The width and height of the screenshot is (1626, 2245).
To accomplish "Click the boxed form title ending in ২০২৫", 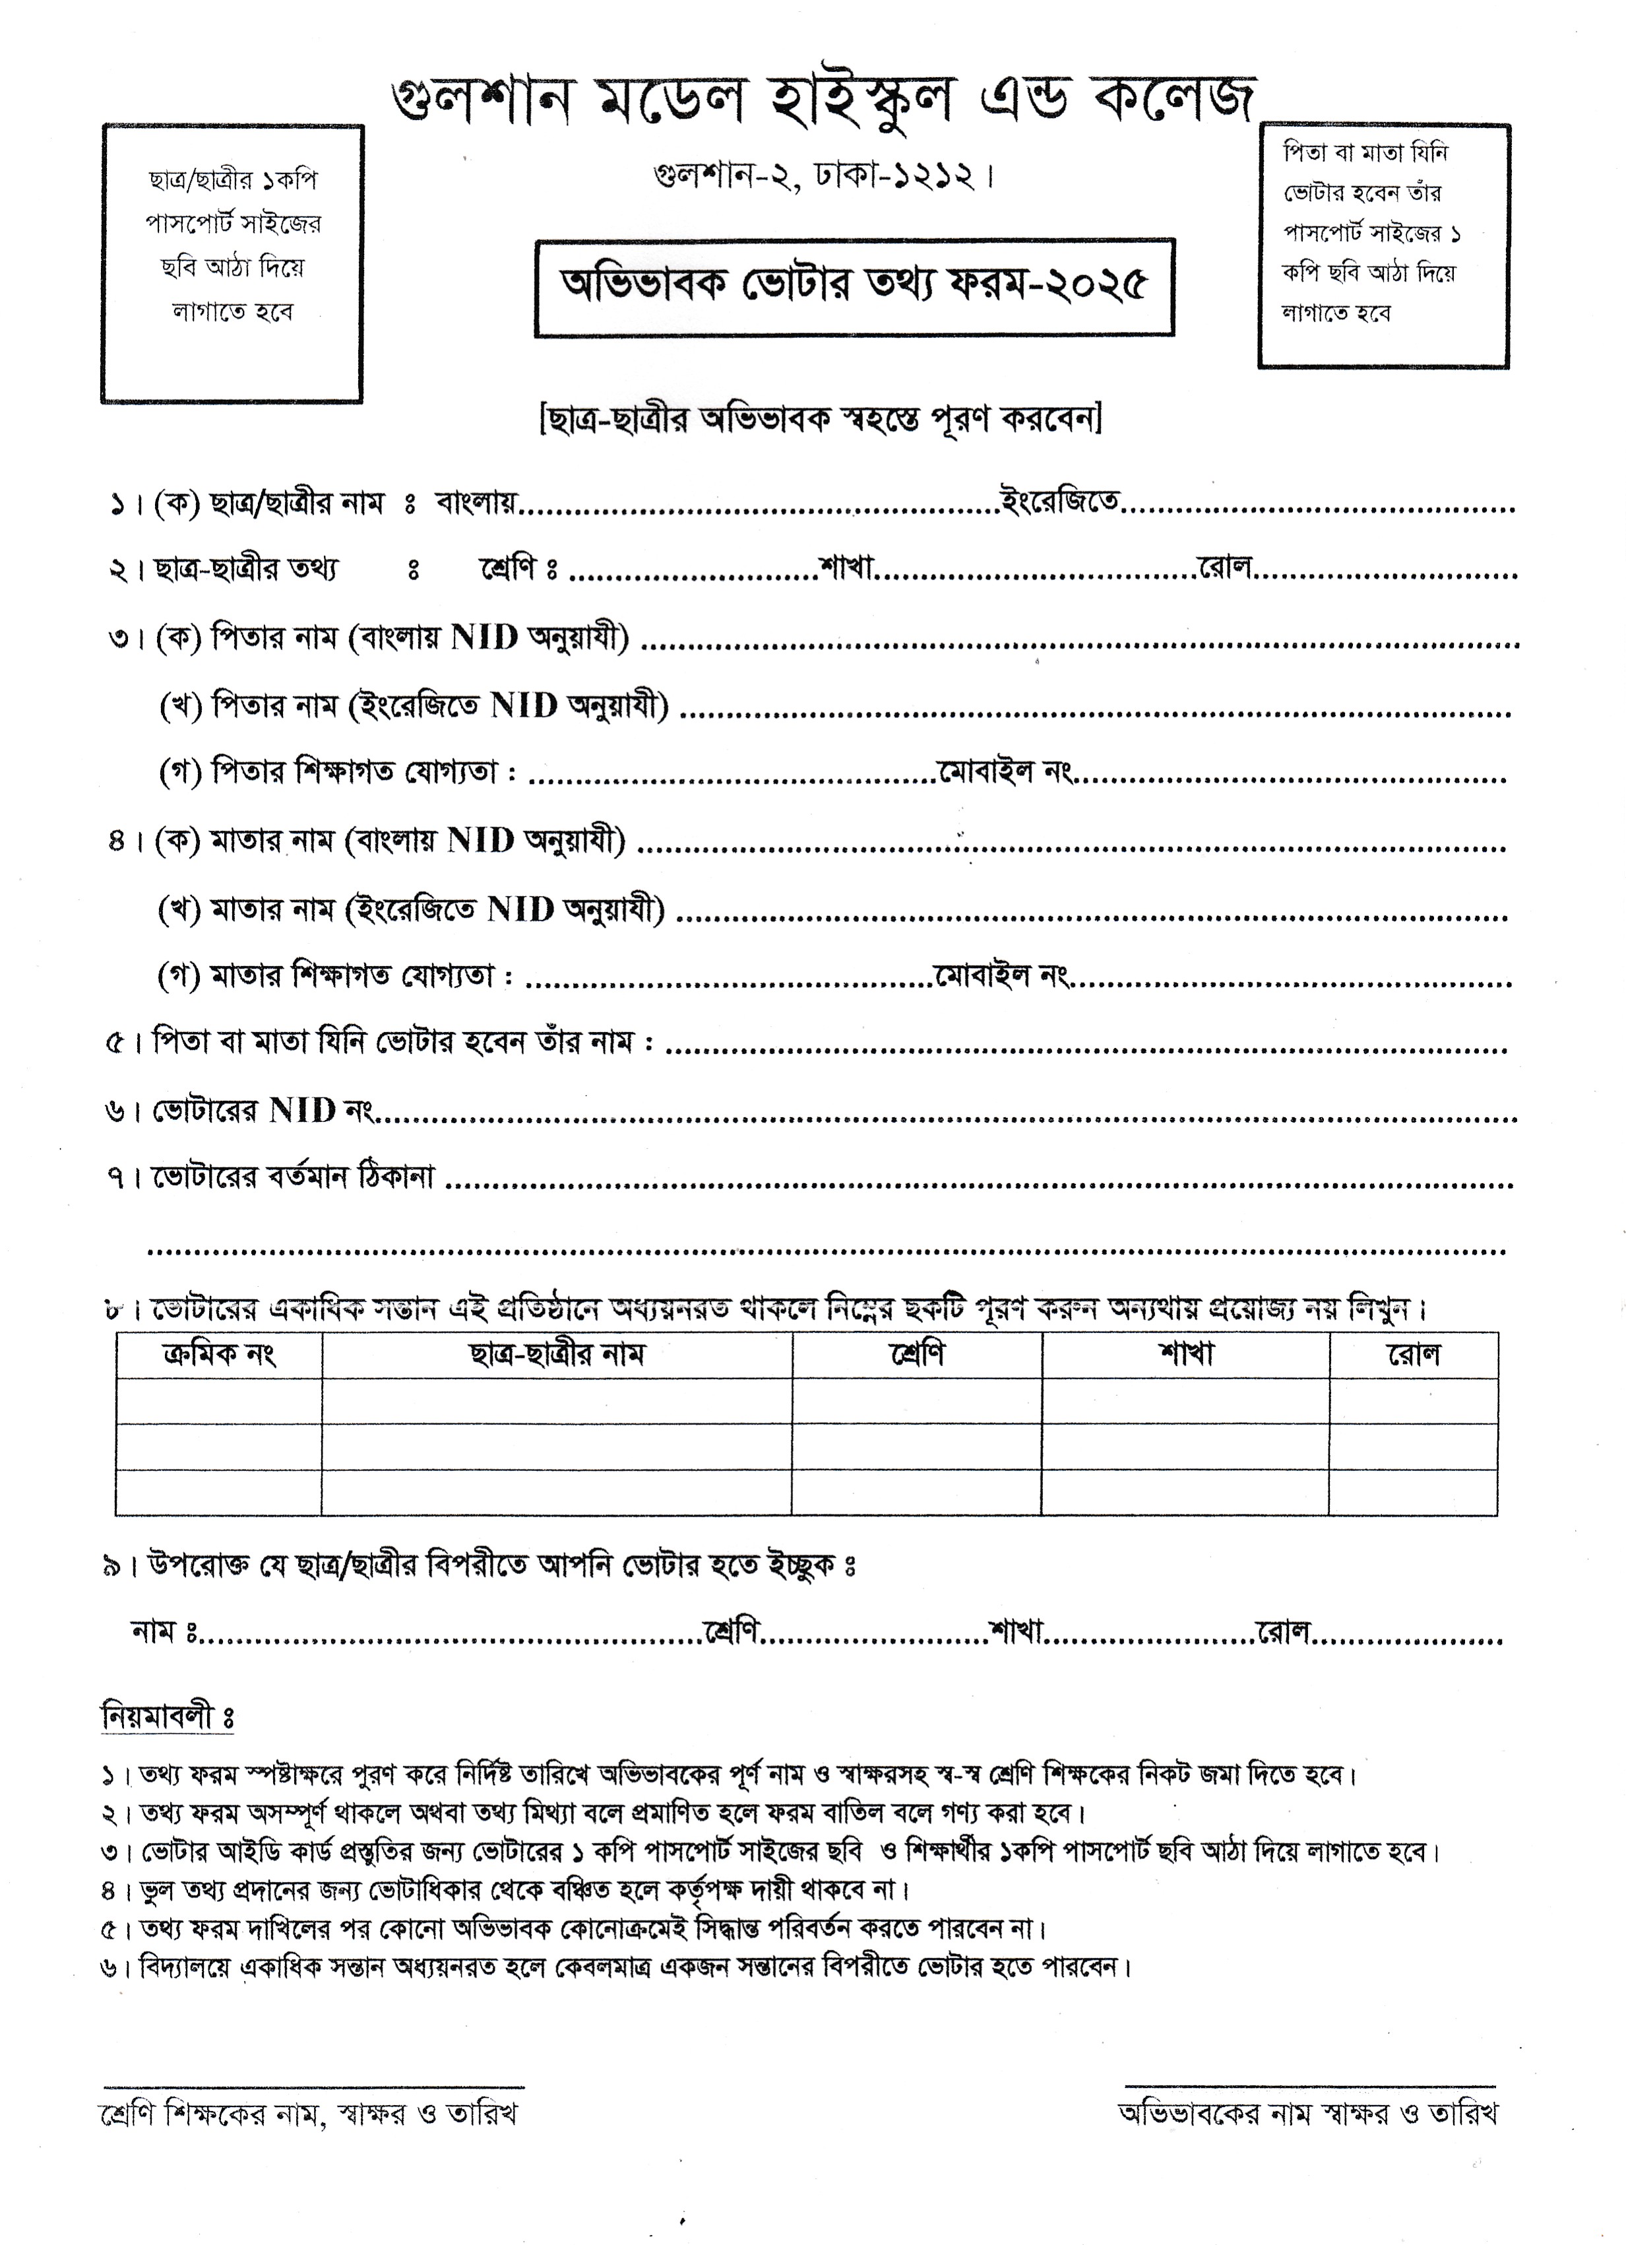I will click(854, 287).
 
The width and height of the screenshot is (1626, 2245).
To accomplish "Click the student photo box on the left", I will click(233, 263).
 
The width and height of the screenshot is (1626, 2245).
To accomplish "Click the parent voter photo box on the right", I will click(1383, 245).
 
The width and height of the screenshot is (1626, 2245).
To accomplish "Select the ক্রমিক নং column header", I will click(219, 1353).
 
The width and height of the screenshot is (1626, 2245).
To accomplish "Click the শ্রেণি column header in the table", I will click(916, 1353).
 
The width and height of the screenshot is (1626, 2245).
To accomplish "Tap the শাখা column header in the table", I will click(1185, 1353).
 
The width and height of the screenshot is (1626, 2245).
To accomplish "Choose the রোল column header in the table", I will click(1413, 1353).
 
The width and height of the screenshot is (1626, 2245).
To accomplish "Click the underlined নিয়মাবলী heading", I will click(166, 1716).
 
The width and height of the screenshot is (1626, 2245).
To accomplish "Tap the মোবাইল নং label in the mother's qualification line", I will click(1001, 976).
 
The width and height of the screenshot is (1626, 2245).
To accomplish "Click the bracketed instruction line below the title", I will click(821, 420).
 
